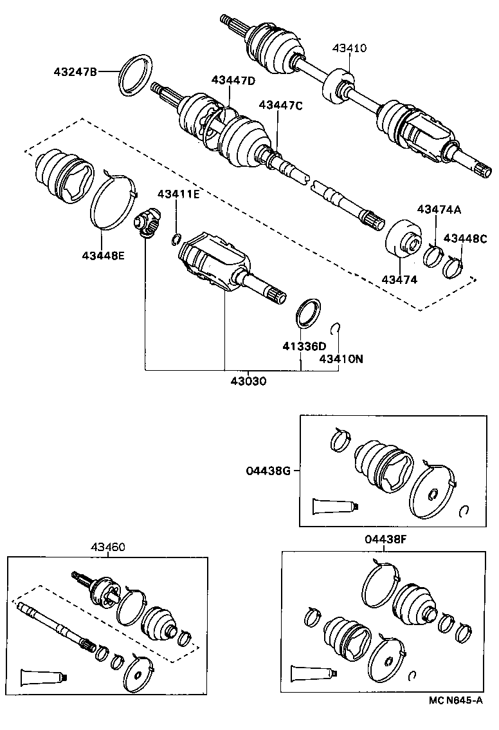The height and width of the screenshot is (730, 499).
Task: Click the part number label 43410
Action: tap(350, 48)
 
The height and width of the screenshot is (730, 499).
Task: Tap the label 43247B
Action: tap(75, 72)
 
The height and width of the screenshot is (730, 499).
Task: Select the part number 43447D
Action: tap(233, 80)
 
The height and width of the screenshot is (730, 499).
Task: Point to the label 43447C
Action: tap(280, 106)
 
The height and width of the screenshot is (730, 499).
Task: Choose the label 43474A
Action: tap(439, 209)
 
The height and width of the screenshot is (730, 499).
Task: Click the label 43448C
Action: tap(466, 238)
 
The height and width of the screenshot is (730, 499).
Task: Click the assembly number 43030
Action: tap(248, 380)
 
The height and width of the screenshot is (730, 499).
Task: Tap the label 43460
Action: tap(107, 547)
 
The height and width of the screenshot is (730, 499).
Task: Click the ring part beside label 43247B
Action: tap(136, 75)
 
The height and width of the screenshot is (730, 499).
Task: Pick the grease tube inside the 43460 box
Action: tap(42, 677)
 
